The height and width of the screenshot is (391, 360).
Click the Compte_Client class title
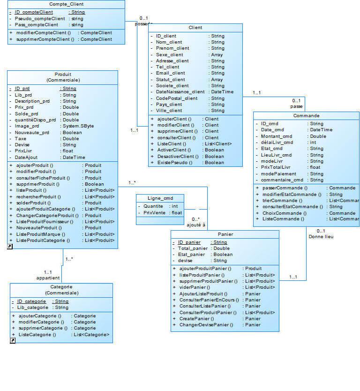pyautogui.click(x=67, y=4)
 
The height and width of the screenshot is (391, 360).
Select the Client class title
pyautogui.click(x=195, y=28)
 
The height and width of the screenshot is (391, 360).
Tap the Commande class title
pyautogui.click(x=307, y=115)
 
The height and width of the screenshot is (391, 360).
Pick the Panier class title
pyautogui.click(x=225, y=234)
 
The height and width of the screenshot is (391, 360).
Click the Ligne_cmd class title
pyautogui.click(x=160, y=198)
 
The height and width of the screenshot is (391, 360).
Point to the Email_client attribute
pyautogui.click(x=170, y=73)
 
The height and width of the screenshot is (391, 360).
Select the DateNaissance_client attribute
pyautogui.click(x=180, y=92)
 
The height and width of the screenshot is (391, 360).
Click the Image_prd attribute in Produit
pyautogui.click(x=27, y=126)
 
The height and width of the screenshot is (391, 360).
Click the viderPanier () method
pyautogui.click(x=195, y=287)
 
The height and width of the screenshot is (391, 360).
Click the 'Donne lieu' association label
pyautogui.click(x=321, y=237)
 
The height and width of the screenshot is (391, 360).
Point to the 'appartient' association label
pyautogui.click(x=48, y=278)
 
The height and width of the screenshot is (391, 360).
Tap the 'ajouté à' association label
pyautogui.click(x=196, y=225)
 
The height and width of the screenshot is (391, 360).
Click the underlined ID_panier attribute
pyautogui.click(x=189, y=242)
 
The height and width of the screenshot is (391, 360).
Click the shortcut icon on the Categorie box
pyautogui.click(x=13, y=341)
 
